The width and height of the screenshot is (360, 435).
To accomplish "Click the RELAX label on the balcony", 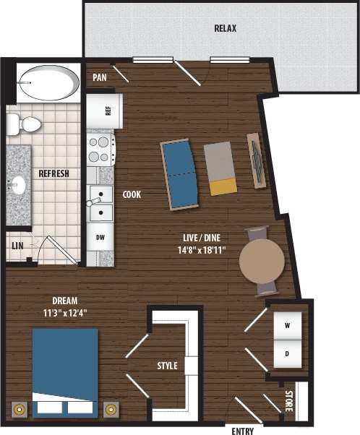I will click(226, 29).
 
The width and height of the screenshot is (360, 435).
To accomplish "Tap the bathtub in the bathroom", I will click(49, 82).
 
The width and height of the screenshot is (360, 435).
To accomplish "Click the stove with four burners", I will click(100, 148).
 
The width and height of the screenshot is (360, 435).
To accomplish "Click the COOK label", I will click(132, 194).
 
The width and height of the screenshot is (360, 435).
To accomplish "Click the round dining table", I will click(262, 262).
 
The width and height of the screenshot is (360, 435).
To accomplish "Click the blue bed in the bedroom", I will click(65, 370).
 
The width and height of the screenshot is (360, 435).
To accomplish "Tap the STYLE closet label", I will click(167, 366).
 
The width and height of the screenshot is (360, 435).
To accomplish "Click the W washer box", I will click(287, 326).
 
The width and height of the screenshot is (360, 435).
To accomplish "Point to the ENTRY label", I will click(242, 431).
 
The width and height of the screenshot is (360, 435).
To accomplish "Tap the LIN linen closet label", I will click(17, 246).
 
